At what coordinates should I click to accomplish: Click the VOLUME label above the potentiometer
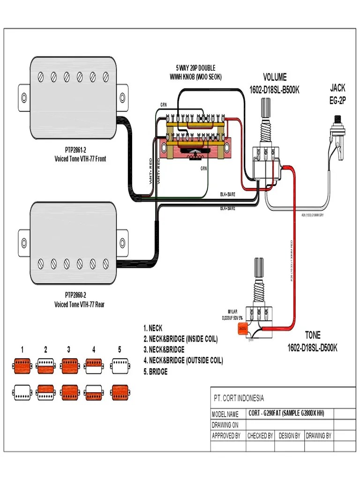(x=275, y=77)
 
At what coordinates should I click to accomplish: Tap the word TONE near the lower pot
(x=313, y=335)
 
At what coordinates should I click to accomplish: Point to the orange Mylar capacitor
(x=243, y=329)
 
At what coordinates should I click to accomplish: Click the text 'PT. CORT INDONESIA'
(x=239, y=398)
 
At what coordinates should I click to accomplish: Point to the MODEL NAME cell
(x=225, y=414)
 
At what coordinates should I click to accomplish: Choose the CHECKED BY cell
(x=260, y=435)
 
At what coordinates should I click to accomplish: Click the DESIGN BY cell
(x=290, y=435)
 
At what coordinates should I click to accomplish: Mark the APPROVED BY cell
(x=226, y=435)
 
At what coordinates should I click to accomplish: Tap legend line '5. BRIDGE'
(x=155, y=372)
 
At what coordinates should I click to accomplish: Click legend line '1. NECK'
(x=153, y=328)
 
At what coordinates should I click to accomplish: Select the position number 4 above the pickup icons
(x=94, y=349)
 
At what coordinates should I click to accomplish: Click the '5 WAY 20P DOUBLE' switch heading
(x=195, y=68)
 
